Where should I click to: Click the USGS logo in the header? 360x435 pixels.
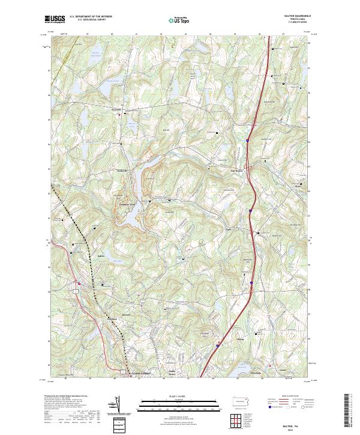(55, 20)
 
